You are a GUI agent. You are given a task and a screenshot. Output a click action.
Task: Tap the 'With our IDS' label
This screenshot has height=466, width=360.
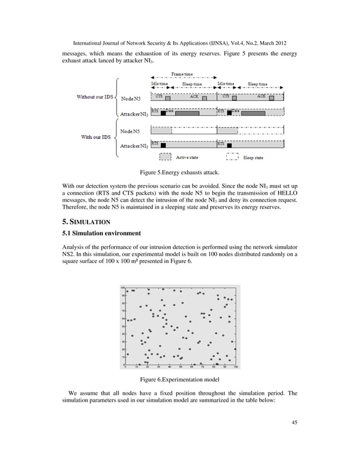(94, 137)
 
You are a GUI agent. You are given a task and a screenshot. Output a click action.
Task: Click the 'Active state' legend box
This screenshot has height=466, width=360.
(166, 157)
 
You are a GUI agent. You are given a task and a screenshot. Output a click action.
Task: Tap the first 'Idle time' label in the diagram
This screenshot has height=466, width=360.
(159, 84)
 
